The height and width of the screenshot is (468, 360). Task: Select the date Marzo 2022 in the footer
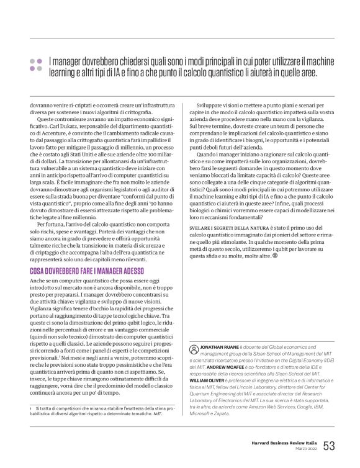(x=300, y=449)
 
